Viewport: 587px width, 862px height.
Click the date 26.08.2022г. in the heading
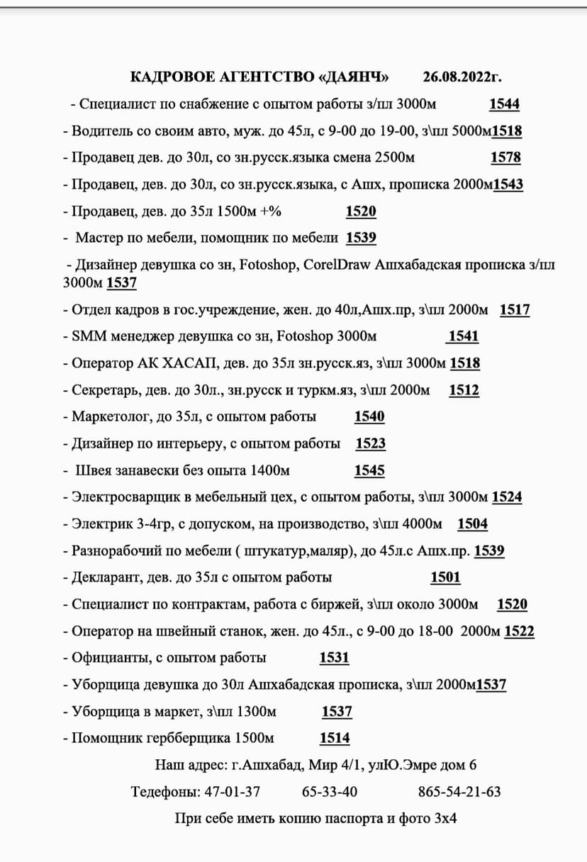coord(466,77)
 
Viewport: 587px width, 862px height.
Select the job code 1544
coord(504,104)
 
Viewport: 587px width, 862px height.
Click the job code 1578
coord(505,158)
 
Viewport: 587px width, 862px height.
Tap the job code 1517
coord(515,309)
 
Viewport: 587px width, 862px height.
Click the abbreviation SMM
coord(88,336)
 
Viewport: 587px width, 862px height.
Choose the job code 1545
coord(369,470)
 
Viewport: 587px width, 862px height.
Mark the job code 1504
coord(472,524)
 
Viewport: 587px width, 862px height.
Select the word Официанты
coord(106,658)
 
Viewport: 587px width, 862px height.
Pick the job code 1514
coord(335,739)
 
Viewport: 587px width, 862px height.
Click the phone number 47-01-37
coord(233,791)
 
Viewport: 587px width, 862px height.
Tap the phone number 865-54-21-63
coord(459,791)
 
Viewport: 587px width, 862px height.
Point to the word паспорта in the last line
coord(353,818)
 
